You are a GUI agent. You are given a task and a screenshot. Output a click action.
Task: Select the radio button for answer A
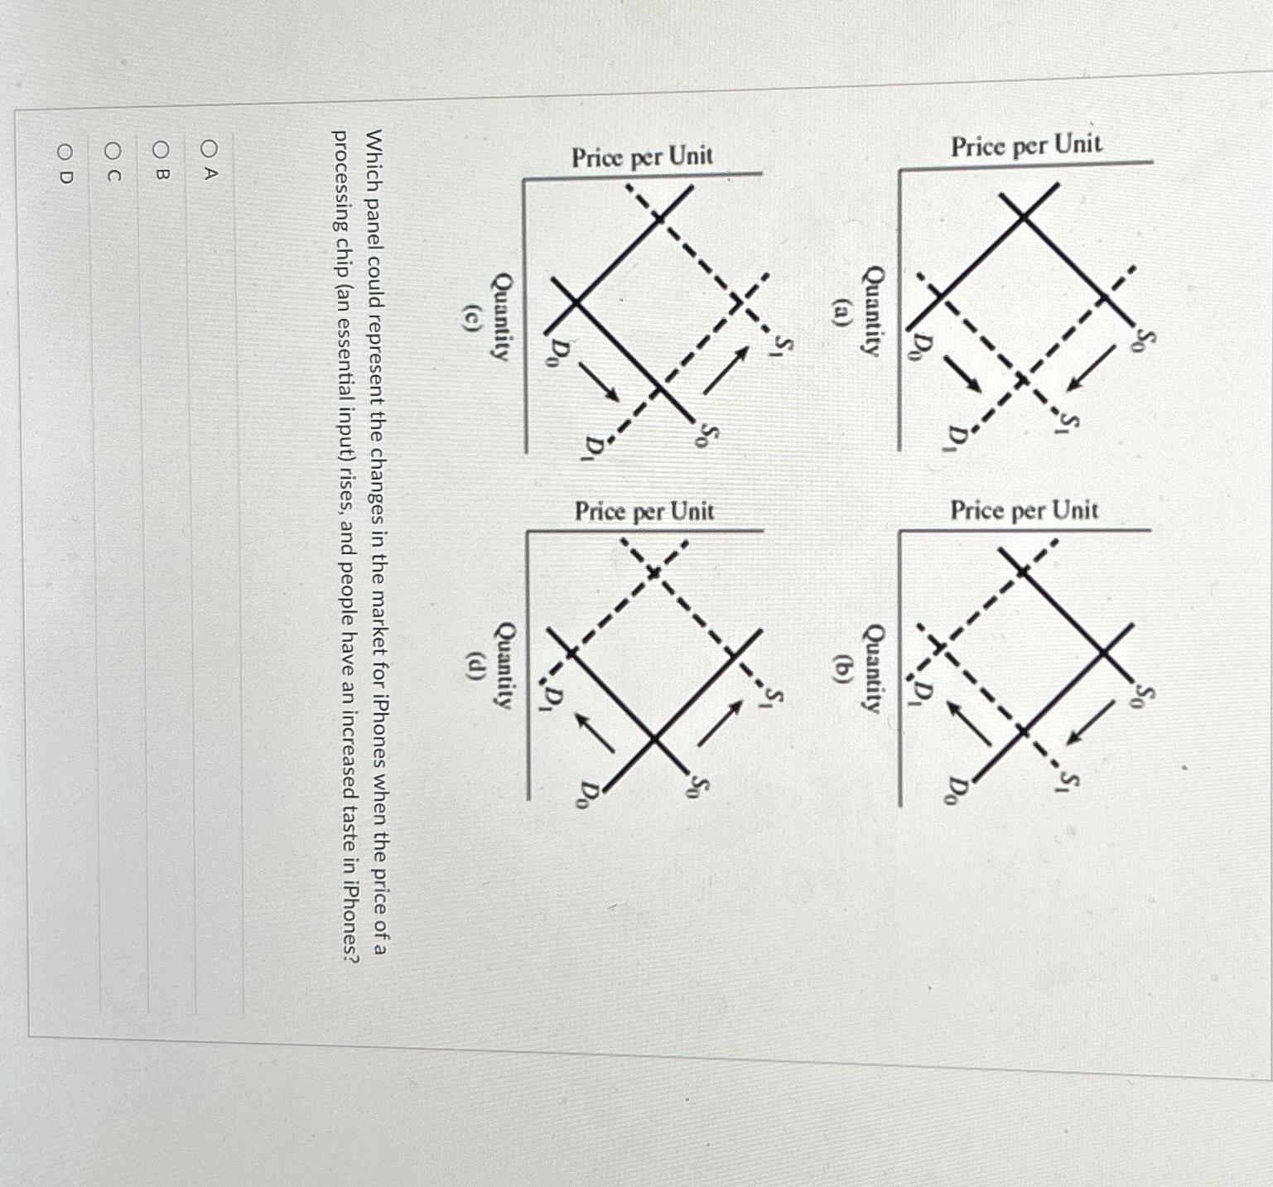coord(210,150)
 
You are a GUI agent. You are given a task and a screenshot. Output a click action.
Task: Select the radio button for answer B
coord(162,150)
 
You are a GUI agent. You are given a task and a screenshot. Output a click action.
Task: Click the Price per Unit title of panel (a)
coord(1026,147)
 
